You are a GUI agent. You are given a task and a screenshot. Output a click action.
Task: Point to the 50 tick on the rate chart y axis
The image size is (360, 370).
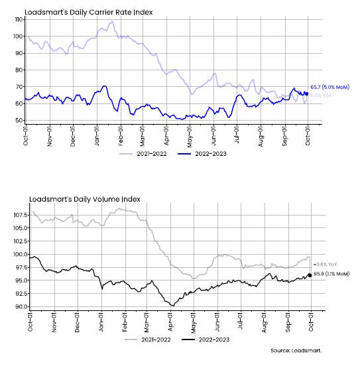(19, 120)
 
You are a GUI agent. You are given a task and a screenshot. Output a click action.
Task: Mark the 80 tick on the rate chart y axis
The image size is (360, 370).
(19, 70)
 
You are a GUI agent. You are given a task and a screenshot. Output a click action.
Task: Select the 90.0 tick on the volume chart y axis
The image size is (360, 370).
(21, 306)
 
